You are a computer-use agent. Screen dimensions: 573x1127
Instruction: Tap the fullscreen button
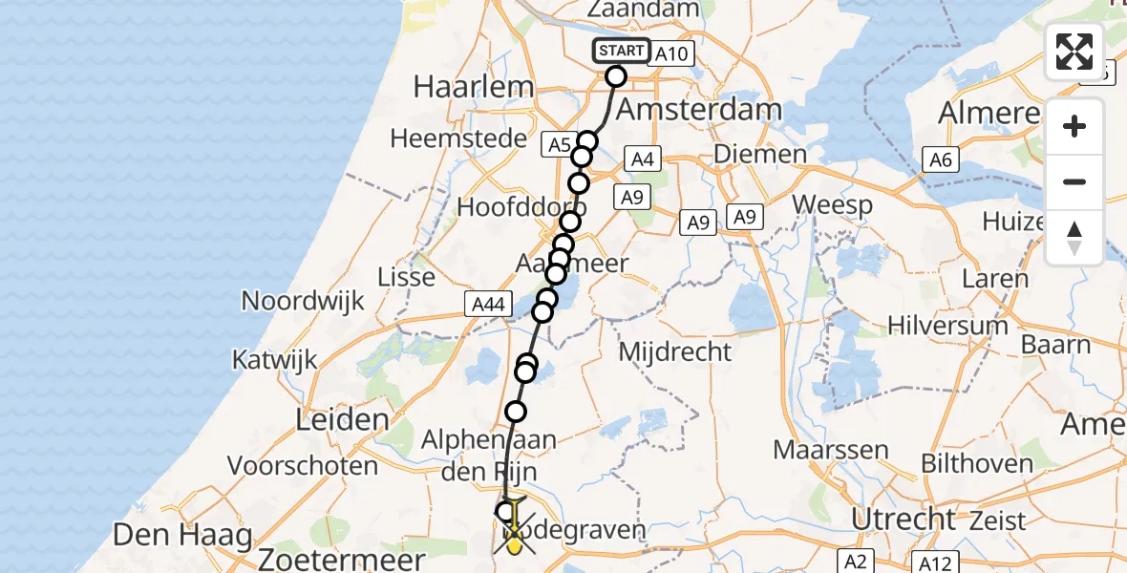(1074, 52)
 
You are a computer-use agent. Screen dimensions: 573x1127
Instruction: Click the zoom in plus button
(1074, 126)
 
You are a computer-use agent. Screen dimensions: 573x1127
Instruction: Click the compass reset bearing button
(1074, 238)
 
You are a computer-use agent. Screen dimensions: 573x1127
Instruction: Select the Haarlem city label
(473, 87)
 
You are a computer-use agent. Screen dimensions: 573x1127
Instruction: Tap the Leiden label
(343, 418)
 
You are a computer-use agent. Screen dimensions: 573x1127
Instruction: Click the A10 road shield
(670, 54)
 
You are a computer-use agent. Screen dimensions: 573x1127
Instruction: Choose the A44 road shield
(484, 304)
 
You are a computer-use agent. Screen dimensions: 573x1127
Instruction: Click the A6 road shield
(942, 160)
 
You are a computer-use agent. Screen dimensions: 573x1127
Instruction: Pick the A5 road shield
(559, 145)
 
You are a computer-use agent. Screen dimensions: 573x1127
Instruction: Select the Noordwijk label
(303, 302)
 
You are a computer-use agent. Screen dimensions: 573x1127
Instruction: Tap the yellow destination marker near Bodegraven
(516, 544)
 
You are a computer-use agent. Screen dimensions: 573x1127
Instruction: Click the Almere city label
(989, 113)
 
